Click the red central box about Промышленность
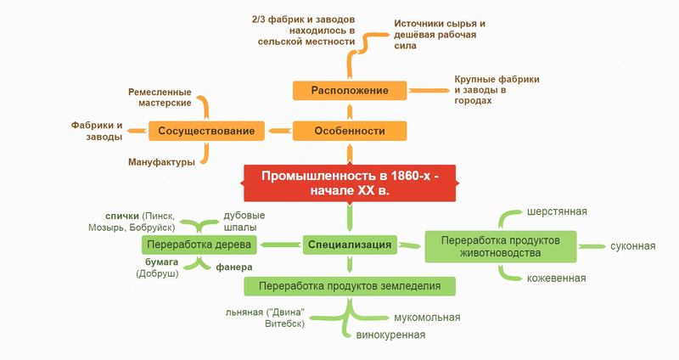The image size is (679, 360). point(350,183)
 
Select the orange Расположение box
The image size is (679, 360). point(350,90)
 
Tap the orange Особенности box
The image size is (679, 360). point(350,131)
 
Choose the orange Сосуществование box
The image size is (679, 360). point(207,131)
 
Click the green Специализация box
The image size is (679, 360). point(350,245)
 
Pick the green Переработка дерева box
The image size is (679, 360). point(199,245)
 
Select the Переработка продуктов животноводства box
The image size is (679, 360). point(501,245)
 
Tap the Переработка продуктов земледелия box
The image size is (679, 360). point(350,285)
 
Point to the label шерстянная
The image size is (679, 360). point(557,211)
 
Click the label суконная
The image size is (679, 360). point(632,246)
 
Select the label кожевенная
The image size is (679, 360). point(557,278)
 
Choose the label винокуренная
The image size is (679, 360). point(390,335)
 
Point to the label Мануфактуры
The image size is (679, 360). point(161,161)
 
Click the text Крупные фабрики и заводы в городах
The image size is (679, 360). point(497,90)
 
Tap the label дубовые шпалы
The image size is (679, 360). point(244,222)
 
